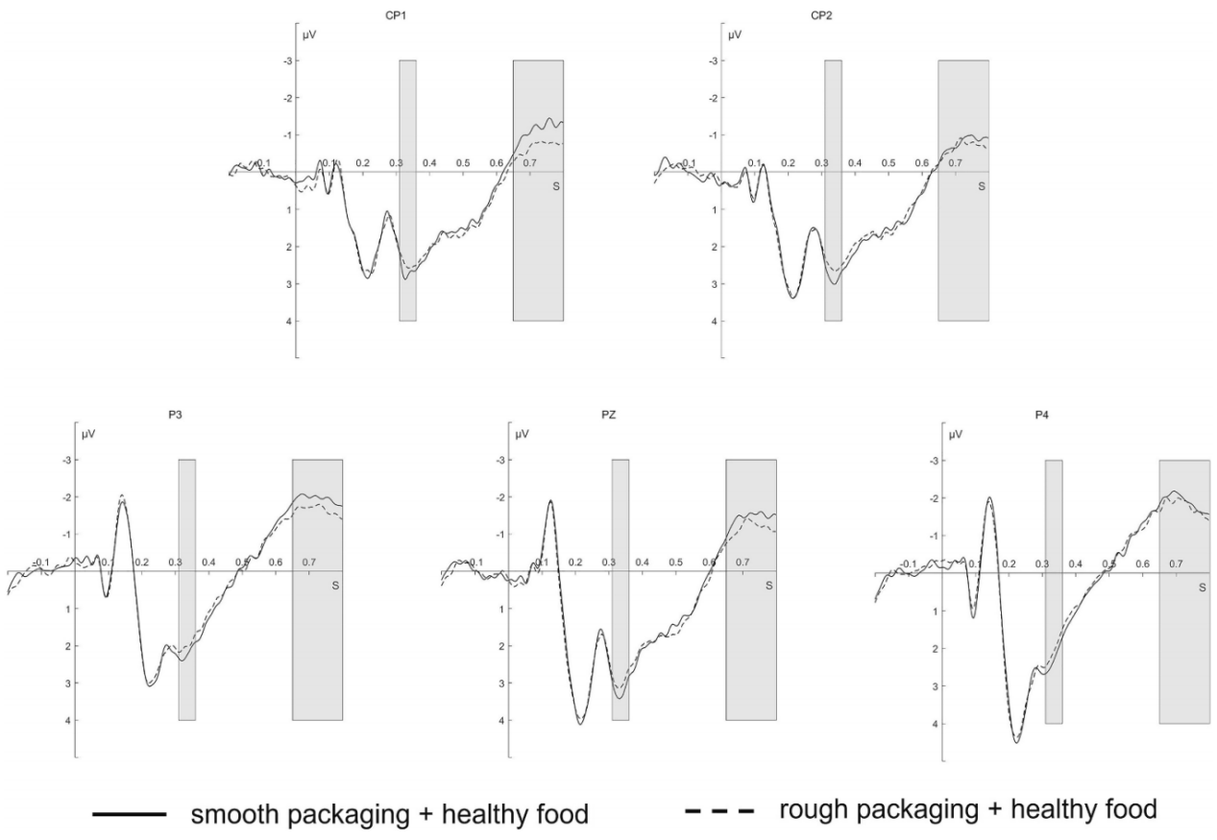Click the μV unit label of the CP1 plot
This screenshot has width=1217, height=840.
(308, 36)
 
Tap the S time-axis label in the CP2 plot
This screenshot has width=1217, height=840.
(982, 185)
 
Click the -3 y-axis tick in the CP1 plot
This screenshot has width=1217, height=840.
(286, 60)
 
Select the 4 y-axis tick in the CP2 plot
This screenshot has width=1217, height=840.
(716, 321)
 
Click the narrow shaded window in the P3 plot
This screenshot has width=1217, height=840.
(187, 589)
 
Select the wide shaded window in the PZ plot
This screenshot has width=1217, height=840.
(750, 589)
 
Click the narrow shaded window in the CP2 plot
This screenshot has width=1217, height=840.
(833, 190)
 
